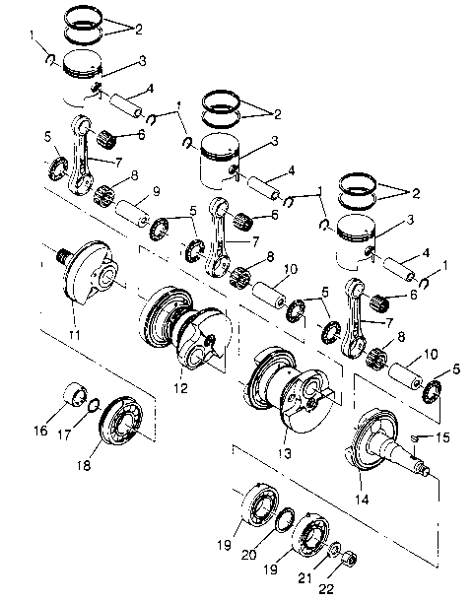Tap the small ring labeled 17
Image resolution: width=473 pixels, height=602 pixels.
[x=92, y=404]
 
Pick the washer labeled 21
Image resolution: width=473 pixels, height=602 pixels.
[x=337, y=549]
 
